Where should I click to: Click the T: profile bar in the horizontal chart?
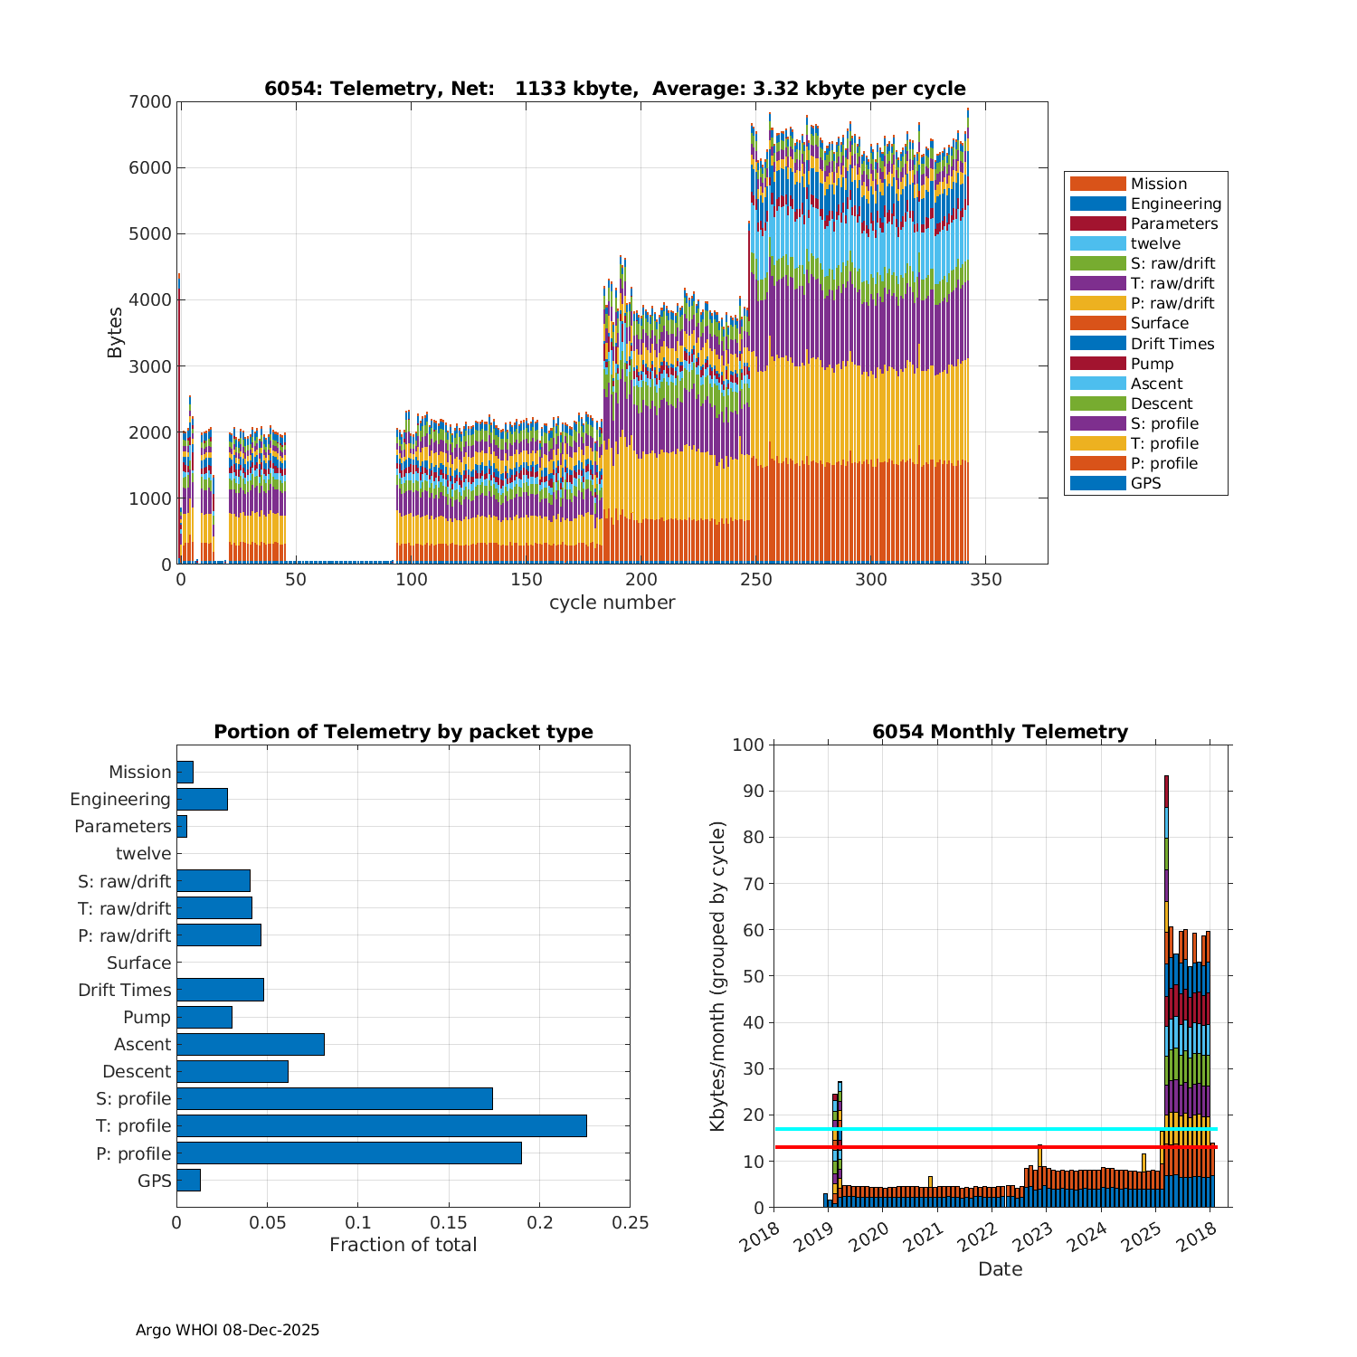(x=381, y=1125)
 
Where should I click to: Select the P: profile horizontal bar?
(x=348, y=1153)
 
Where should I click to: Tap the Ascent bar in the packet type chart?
(x=250, y=1044)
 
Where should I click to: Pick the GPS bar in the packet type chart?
(x=188, y=1180)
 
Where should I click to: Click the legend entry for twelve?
(x=1155, y=243)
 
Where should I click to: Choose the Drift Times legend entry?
(x=1172, y=344)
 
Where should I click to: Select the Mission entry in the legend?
(x=1158, y=184)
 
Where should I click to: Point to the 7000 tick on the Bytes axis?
(x=150, y=102)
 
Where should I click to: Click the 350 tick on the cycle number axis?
(x=986, y=580)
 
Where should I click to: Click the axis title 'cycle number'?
(x=612, y=603)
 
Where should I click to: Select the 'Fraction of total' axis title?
(x=403, y=1245)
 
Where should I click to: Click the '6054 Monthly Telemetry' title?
(x=1000, y=732)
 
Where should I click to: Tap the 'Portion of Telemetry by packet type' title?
(x=403, y=732)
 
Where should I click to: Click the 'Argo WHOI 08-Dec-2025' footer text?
(x=227, y=1330)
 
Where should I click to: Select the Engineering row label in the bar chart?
(x=120, y=799)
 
